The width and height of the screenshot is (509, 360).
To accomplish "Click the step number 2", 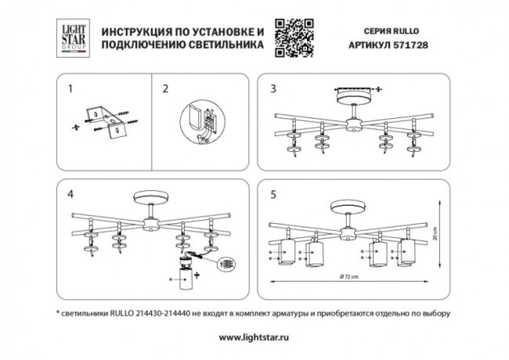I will pos(165,88).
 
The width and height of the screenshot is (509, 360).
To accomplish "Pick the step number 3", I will pos(272,88).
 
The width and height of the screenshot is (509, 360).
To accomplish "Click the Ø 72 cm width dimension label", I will pos(349,279).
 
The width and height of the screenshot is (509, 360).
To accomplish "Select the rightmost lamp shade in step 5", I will pos(406,254).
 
